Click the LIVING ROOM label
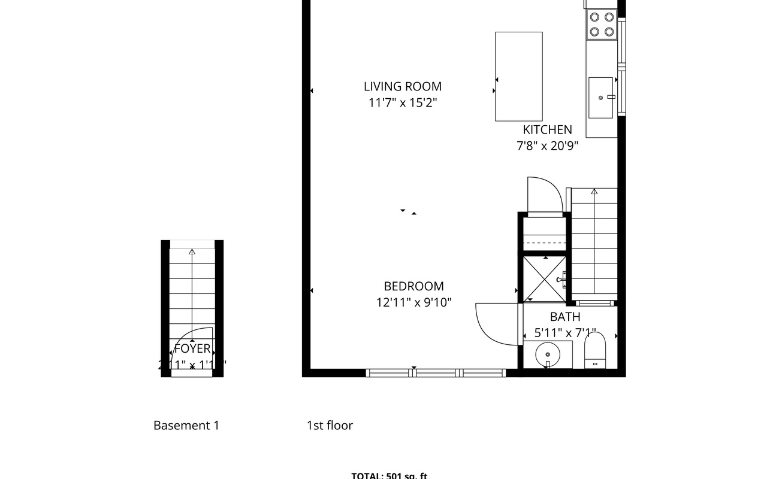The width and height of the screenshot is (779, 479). (x=403, y=86)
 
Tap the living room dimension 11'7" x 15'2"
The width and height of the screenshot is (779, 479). (x=403, y=102)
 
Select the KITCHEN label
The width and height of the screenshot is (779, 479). (x=547, y=129)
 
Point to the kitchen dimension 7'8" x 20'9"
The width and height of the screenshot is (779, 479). (x=547, y=145)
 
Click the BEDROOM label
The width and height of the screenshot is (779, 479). (x=413, y=286)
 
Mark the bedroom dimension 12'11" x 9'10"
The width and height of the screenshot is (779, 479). (x=413, y=302)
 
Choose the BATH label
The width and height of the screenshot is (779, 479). (x=565, y=317)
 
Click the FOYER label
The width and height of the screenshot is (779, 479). (x=192, y=348)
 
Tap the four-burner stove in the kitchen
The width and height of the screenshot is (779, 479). (x=602, y=25)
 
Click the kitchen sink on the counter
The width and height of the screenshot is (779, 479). (x=601, y=97)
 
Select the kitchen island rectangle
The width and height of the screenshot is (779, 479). (x=518, y=76)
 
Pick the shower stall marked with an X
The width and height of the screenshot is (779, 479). (x=545, y=278)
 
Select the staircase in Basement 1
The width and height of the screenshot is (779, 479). (x=192, y=287)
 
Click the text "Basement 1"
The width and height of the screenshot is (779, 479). (x=186, y=426)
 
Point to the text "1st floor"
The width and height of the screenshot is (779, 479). (x=330, y=426)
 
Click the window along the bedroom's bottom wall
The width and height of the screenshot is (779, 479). (x=436, y=372)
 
